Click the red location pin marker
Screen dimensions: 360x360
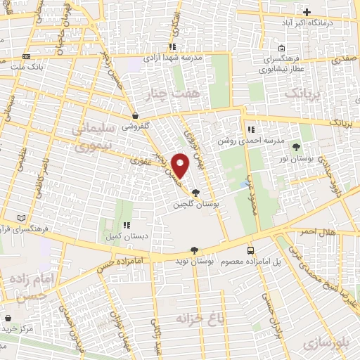(x=181, y=165)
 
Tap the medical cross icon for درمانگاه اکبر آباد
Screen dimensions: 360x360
(x=307, y=12)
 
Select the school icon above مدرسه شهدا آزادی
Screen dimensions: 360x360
(x=172, y=47)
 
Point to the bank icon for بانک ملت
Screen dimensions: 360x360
(x=26, y=56)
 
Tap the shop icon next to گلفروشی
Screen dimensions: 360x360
(x=134, y=116)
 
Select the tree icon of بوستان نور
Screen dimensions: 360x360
(x=296, y=146)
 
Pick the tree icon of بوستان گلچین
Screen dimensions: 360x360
(x=195, y=193)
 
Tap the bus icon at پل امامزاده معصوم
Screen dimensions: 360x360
(x=251, y=251)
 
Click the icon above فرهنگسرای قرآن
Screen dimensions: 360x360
(x=26, y=217)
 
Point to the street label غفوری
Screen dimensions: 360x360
(x=141, y=161)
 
